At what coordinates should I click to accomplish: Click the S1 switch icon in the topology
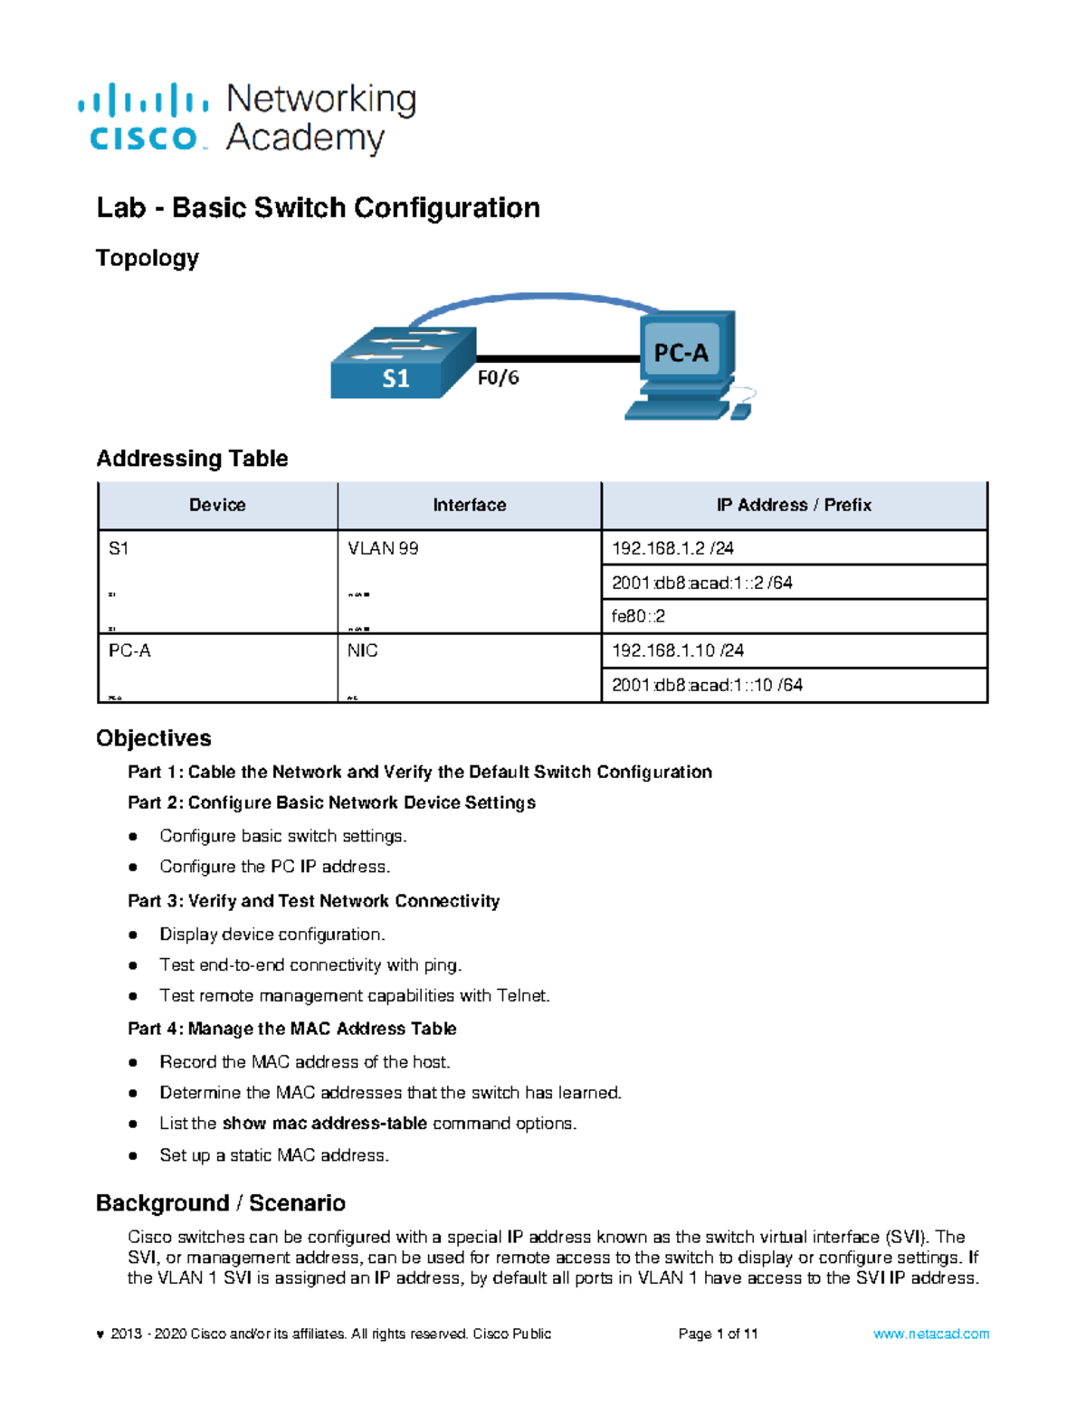click(x=402, y=363)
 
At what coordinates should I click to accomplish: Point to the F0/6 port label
click(x=499, y=378)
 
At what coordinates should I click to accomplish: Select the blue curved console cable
click(x=534, y=298)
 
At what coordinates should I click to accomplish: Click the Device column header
click(x=217, y=505)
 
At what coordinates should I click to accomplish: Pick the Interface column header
click(x=469, y=505)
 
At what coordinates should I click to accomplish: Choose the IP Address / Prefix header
click(x=794, y=505)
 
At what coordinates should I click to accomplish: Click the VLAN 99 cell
click(x=383, y=548)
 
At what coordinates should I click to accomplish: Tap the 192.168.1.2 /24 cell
click(x=672, y=548)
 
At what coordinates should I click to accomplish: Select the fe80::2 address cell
click(x=638, y=616)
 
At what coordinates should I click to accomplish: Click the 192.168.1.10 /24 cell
click(x=678, y=650)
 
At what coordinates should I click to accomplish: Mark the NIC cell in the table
click(x=362, y=650)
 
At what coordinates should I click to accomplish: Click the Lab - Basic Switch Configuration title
click(x=318, y=208)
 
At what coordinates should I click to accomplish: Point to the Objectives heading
click(x=154, y=738)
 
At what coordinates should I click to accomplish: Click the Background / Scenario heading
click(x=221, y=1203)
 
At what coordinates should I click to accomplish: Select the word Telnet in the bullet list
click(x=522, y=996)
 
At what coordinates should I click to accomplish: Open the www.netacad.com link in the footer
click(x=931, y=1334)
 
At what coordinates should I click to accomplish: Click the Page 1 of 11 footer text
click(x=718, y=1334)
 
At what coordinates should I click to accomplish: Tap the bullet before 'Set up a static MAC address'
click(x=133, y=1155)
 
